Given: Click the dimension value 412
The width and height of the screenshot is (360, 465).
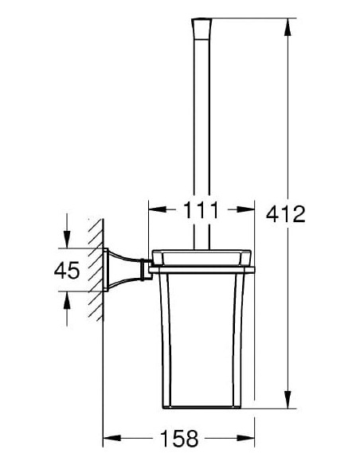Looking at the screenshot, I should tap(288, 214).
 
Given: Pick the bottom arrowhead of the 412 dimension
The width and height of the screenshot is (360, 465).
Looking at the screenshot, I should tap(288, 404).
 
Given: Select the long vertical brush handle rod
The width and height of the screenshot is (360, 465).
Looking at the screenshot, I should tap(201, 143).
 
